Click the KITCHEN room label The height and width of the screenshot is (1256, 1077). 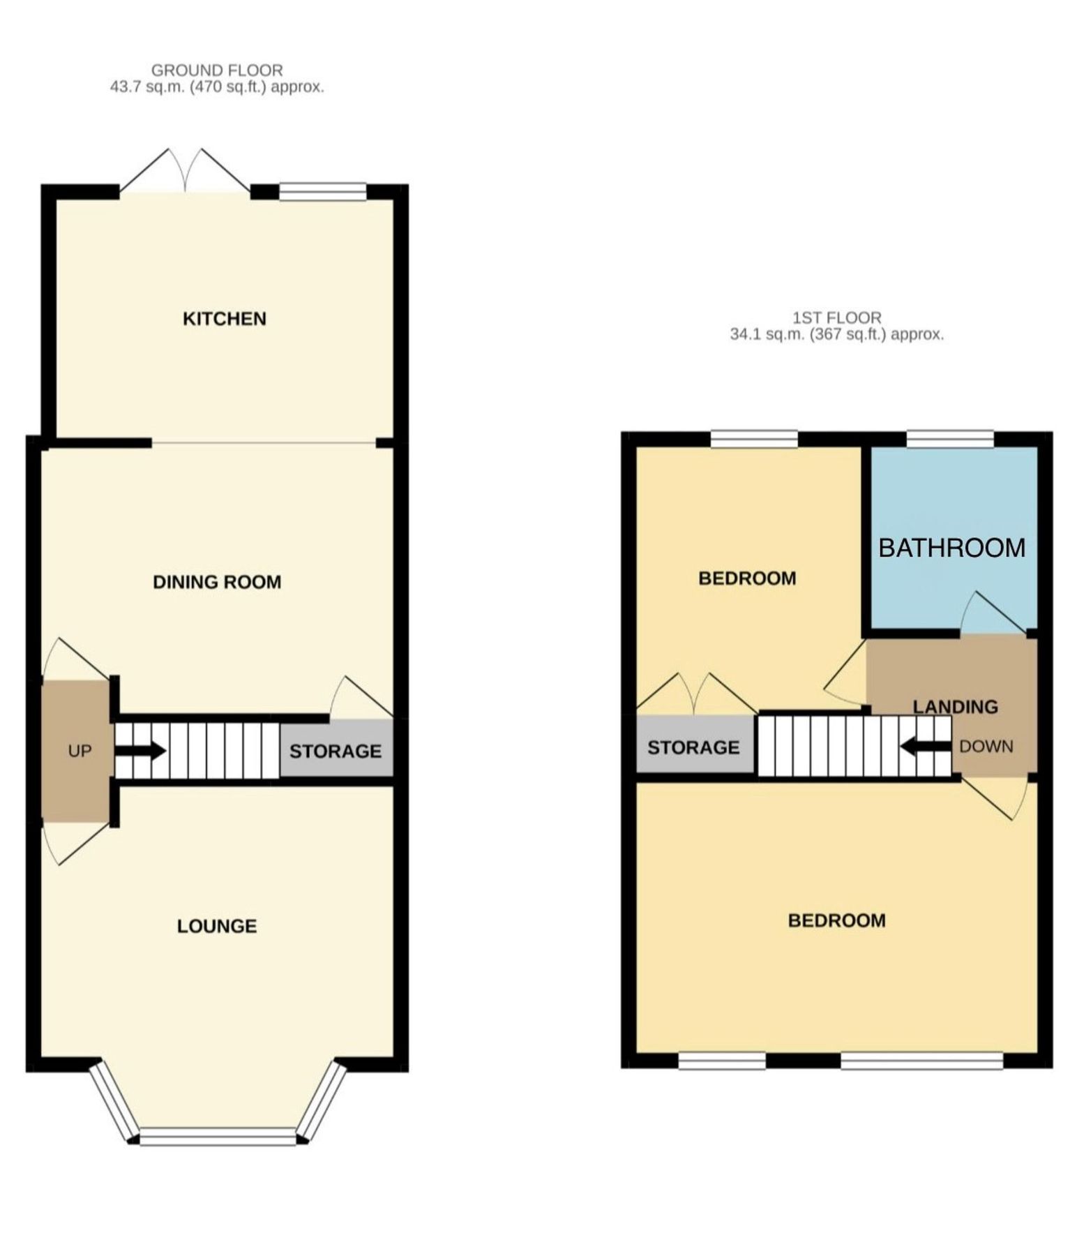coord(224,319)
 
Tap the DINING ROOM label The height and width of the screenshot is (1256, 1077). coord(217,582)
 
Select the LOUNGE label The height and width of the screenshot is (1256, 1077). coord(217,926)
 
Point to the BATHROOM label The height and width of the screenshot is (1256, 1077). coord(951,548)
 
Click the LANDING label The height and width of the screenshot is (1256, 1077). coord(955,707)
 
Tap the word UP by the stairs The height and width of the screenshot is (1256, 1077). coord(80,751)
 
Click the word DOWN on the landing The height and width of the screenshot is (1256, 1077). coord(986,746)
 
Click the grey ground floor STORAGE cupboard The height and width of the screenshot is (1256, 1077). coord(336,751)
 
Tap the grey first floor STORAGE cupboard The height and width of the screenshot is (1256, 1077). coord(693,747)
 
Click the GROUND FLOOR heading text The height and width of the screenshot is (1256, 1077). coord(217,70)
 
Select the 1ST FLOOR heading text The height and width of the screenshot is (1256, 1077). coord(836,318)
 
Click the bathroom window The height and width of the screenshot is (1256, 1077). coord(950,438)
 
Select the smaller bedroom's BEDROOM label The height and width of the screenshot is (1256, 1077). coord(747,578)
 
